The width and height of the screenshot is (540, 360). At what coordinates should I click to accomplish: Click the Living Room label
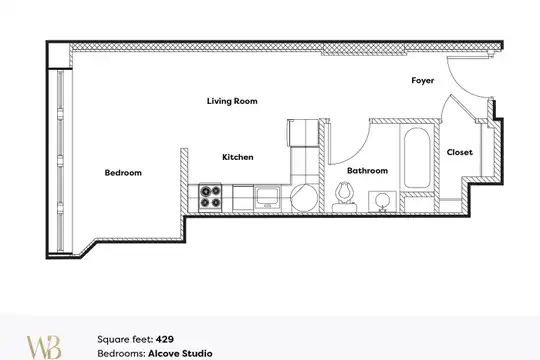tap(232, 101)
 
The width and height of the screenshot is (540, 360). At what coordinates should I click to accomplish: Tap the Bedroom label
tap(123, 173)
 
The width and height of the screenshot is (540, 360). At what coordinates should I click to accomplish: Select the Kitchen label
tap(238, 157)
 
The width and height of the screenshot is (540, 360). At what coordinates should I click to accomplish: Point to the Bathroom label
tap(367, 171)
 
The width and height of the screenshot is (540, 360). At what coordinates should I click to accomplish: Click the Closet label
tap(459, 152)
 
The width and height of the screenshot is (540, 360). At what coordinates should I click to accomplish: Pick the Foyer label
tap(423, 81)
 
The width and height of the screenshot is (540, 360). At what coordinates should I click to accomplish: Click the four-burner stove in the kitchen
tap(210, 197)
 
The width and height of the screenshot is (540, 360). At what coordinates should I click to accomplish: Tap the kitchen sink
tap(267, 197)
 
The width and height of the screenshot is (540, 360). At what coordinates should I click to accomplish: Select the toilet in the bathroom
tap(345, 197)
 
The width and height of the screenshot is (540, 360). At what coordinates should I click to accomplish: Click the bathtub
tap(417, 158)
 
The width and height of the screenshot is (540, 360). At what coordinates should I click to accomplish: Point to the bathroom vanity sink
tap(382, 202)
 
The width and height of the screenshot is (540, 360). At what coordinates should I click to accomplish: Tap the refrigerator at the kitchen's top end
tap(303, 133)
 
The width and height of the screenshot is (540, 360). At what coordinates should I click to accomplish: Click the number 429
tap(165, 339)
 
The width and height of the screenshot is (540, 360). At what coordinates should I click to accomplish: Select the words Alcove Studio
tap(180, 353)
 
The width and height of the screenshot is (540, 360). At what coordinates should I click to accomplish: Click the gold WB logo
tap(44, 347)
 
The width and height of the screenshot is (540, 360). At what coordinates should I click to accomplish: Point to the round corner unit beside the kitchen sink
tap(303, 198)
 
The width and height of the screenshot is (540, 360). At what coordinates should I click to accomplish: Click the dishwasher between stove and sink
tap(243, 198)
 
